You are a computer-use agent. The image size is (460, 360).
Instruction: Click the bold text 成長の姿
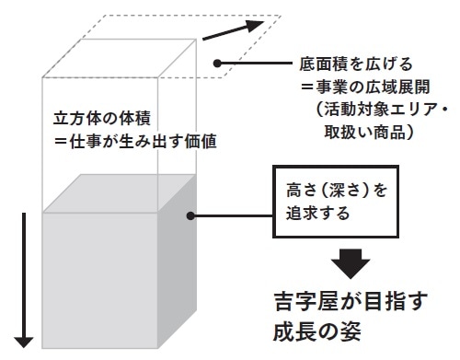click(318, 330)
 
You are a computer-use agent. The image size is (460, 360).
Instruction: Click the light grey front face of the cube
click(100, 276)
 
